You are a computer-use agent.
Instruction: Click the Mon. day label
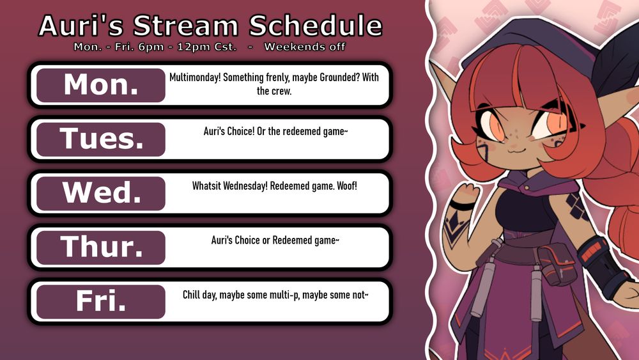[x=101, y=85]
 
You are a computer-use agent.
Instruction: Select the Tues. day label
[x=101, y=139]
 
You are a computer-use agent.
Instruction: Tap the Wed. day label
[x=101, y=193]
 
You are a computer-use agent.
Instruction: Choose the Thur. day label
[x=101, y=247]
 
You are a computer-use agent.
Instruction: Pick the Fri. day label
[x=101, y=302]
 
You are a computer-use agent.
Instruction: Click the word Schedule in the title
[x=316, y=26]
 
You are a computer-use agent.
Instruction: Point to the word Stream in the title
[x=186, y=26]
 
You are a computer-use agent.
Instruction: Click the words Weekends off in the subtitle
[x=304, y=47]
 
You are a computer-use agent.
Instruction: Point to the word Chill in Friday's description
[x=190, y=295]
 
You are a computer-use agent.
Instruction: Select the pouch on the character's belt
[x=557, y=264]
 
